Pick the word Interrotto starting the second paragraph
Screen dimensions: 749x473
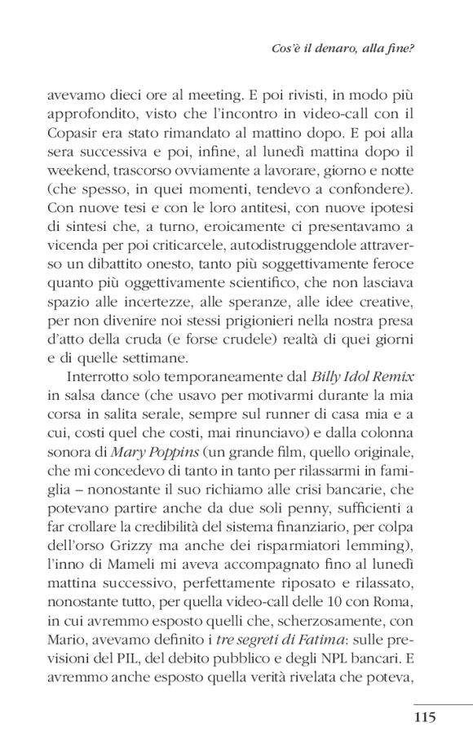pyautogui.click(x=92, y=378)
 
